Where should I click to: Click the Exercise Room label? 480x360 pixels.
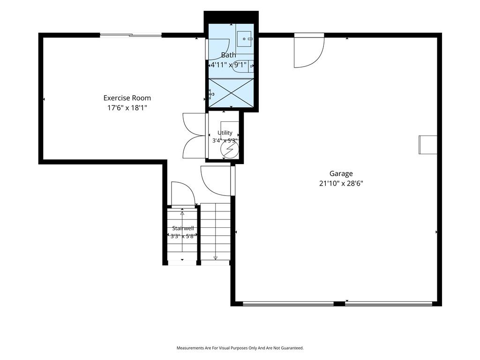pyautogui.click(x=127, y=98)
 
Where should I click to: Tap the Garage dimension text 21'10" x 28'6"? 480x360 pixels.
pyautogui.click(x=341, y=183)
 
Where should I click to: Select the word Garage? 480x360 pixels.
pyautogui.click(x=341, y=173)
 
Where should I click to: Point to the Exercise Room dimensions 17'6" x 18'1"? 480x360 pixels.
pyautogui.click(x=127, y=108)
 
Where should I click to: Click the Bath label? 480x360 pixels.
pyautogui.click(x=228, y=55)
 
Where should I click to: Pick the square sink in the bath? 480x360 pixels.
pyautogui.click(x=244, y=39)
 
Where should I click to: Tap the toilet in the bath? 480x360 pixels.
pyautogui.click(x=243, y=66)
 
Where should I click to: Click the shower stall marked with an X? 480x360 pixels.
pyautogui.click(x=232, y=93)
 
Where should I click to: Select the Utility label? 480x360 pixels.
pyautogui.click(x=225, y=133)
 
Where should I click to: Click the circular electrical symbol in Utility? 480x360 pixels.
pyautogui.click(x=229, y=150)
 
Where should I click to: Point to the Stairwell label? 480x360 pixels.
pyautogui.click(x=183, y=228)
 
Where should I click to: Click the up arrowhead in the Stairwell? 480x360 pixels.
pyautogui.click(x=182, y=213)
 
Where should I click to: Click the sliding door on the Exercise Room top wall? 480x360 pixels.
pyautogui.click(x=131, y=35)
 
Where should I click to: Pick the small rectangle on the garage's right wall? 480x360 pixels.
pyautogui.click(x=428, y=145)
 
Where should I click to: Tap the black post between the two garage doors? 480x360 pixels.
pyautogui.click(x=339, y=304)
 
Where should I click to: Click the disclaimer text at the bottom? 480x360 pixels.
pyautogui.click(x=240, y=348)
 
